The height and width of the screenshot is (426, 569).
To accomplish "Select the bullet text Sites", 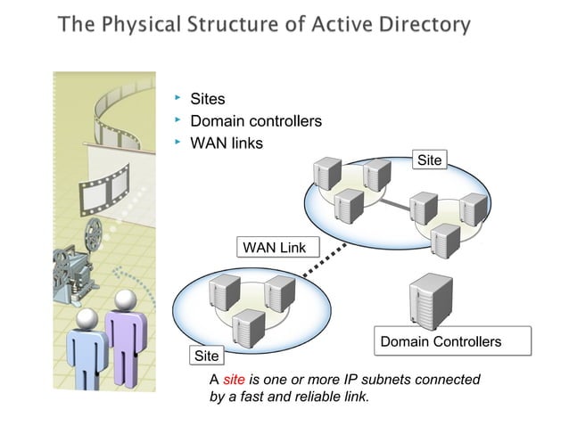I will [208, 99].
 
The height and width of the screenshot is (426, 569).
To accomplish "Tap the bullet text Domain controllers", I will [256, 121].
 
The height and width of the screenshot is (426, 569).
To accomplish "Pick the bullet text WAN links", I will [227, 143].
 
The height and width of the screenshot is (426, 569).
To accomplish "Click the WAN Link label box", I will [275, 246].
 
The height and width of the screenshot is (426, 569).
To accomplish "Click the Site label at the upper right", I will [429, 160].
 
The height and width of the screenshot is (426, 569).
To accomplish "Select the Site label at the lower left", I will [206, 356].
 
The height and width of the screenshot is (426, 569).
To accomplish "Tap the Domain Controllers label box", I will [453, 341].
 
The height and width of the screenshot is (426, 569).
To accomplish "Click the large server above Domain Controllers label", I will [430, 300].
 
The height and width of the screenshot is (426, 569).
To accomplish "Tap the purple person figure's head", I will [125, 299].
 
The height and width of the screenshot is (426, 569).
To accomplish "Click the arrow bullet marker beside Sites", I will [177, 95].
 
